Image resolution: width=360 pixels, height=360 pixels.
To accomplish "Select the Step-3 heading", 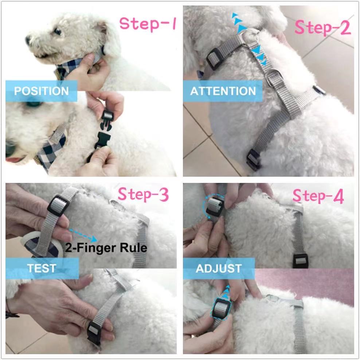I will (x=144, y=195).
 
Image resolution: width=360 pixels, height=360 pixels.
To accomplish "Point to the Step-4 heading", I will (x=318, y=197).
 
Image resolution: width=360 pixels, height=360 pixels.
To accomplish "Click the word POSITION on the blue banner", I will (x=41, y=91).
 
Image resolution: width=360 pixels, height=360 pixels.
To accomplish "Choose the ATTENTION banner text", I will (x=223, y=91).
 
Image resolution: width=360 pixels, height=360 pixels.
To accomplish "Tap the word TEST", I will (x=42, y=269).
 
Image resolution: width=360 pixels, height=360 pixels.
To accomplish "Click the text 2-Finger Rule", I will (x=106, y=248).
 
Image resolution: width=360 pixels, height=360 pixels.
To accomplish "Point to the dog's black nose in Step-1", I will (x=28, y=40).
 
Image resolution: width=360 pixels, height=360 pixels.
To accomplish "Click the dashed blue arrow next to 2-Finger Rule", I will (x=83, y=235).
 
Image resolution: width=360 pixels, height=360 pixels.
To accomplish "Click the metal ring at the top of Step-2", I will (x=251, y=36).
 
